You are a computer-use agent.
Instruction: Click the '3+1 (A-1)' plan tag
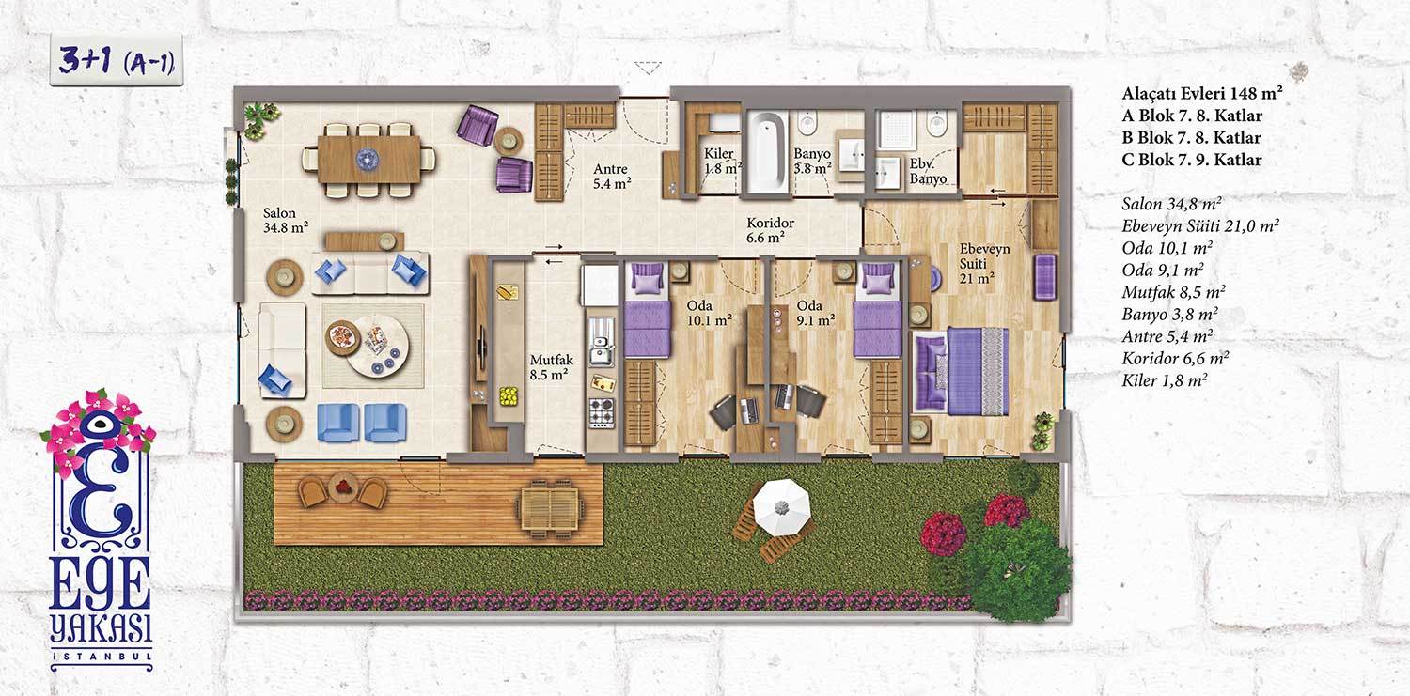[117, 61]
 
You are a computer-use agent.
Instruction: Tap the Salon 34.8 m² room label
[285, 220]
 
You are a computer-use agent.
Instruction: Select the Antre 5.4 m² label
[611, 176]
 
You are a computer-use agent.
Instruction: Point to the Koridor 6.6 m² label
[770, 230]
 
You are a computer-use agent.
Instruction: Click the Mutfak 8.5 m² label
[551, 367]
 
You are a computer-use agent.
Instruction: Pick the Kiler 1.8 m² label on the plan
[722, 161]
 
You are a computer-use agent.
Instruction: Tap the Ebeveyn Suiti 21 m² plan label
[984, 263]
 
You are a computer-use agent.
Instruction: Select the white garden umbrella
[781, 507]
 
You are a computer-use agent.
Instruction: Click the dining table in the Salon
[368, 160]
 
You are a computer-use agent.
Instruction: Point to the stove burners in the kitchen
[602, 412]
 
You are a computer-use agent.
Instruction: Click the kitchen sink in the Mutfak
[602, 351]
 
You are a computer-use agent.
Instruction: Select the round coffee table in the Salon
[376, 345]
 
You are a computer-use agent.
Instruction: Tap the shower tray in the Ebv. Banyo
[897, 131]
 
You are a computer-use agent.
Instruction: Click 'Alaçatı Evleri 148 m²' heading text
[1202, 93]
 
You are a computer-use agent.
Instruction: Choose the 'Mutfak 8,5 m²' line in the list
[1173, 292]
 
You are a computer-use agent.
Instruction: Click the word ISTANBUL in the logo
[102, 657]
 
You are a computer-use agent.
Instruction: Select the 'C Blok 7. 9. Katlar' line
[1192, 160]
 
